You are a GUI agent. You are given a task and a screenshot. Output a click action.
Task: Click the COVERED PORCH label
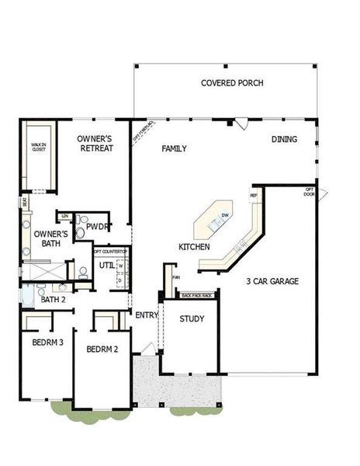[x=232, y=83]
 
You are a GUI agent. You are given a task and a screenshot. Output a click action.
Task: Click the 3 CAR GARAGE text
[x=272, y=281]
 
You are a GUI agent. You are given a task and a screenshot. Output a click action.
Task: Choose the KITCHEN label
[x=194, y=246]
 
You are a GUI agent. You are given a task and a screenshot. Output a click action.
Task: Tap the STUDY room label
[x=192, y=319]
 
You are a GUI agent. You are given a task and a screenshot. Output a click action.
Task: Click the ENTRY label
[x=147, y=315]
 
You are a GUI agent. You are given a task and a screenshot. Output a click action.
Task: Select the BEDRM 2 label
[x=102, y=349]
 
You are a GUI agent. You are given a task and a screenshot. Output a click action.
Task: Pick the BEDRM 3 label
[x=47, y=343]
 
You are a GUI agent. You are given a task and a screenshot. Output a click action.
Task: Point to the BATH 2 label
[x=53, y=299]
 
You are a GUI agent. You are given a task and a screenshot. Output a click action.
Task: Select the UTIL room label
[x=106, y=266]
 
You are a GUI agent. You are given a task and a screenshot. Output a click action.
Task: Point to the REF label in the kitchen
[x=253, y=195]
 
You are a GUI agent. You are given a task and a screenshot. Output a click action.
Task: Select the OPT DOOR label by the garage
[x=309, y=191]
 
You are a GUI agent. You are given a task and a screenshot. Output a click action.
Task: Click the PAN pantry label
[x=176, y=276]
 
